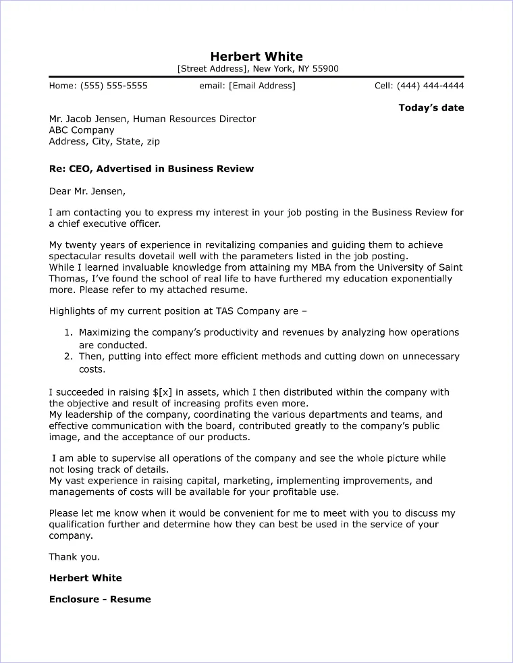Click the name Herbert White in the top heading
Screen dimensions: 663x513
pos(256,56)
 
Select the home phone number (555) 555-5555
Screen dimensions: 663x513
pos(113,86)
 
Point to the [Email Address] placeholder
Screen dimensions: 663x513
pos(262,86)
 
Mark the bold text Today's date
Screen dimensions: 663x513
pos(431,107)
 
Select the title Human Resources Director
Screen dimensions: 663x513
pos(194,119)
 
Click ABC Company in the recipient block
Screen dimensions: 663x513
pos(82,130)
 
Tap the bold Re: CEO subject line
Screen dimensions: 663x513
pos(151,168)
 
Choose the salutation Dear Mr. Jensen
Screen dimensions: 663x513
pos(87,190)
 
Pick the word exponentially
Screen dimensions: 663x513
pos(418,279)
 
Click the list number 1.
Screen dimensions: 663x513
pos(67,333)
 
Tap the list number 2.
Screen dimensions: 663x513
pos(67,356)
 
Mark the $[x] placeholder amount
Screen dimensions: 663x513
pos(165,392)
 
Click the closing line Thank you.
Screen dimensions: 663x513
pos(74,557)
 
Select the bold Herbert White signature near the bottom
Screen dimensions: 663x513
pos(86,578)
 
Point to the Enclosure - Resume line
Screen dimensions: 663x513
pos(100,599)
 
